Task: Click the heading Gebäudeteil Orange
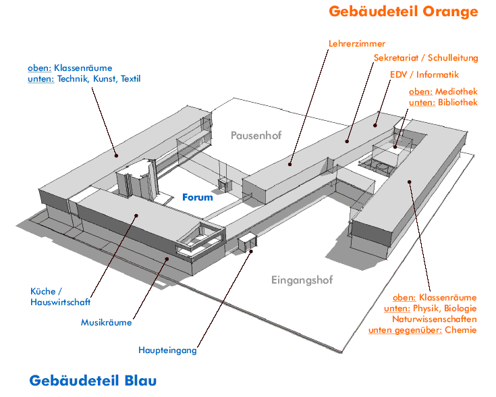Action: [x=403, y=11]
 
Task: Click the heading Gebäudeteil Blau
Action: [x=93, y=381]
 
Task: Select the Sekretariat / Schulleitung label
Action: [x=426, y=58]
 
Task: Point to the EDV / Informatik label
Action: [x=424, y=74]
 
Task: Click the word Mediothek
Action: [x=456, y=91]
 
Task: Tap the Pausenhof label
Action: [x=256, y=135]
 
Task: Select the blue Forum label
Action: [x=198, y=197]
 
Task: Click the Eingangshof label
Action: [x=302, y=280]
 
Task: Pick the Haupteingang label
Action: [x=167, y=350]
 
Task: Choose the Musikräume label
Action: [x=107, y=323]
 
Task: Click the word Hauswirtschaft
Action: [x=60, y=302]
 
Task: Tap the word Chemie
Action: [x=460, y=330]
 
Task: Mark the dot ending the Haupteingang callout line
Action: [x=251, y=251]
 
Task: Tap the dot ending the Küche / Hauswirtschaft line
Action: [x=136, y=216]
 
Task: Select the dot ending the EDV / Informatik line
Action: [x=376, y=125]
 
